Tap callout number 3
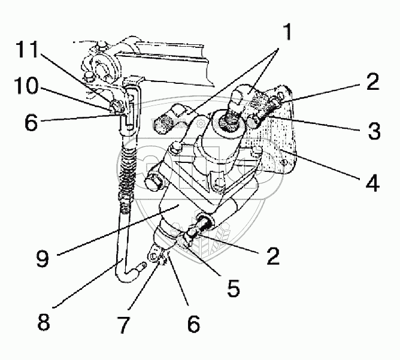[374, 131]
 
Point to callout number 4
[372, 182]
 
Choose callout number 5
[233, 288]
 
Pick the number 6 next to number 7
[192, 325]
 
